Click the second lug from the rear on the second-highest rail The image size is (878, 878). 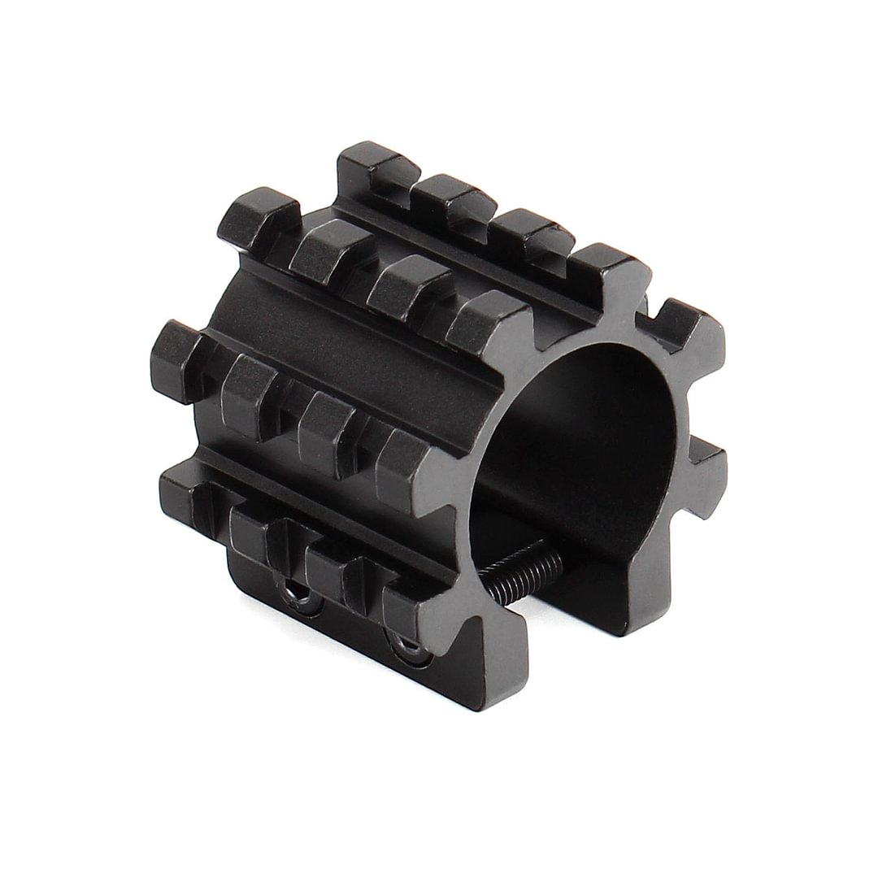pyautogui.click(x=329, y=248)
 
